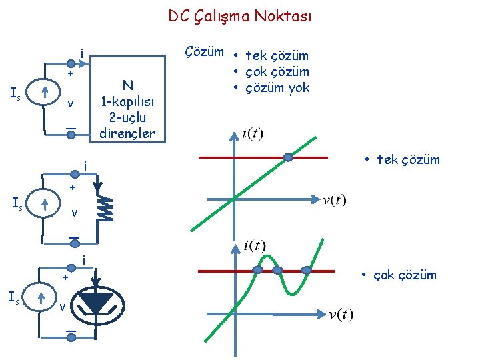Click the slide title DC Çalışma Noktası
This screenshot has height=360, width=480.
pyautogui.click(x=239, y=16)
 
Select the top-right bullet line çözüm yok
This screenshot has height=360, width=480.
pyautogui.click(x=277, y=87)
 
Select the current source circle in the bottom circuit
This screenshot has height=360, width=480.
pyautogui.click(x=41, y=298)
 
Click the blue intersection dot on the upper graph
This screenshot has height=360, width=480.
pyautogui.click(x=288, y=158)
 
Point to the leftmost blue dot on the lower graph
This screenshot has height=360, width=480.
pyautogui.click(x=257, y=270)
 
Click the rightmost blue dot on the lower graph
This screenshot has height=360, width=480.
pyautogui.click(x=306, y=270)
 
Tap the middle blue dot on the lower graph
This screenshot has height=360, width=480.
pyautogui.click(x=277, y=270)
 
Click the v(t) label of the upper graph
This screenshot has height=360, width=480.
pyautogui.click(x=334, y=201)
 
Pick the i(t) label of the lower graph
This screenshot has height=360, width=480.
pyautogui.click(x=254, y=247)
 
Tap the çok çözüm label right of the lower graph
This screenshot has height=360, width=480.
pyautogui.click(x=398, y=275)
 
